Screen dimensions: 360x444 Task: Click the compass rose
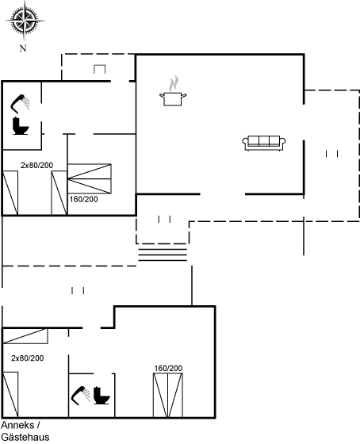(25, 21)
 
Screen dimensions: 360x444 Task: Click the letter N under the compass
(23, 48)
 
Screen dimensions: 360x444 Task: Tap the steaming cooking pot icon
(173, 91)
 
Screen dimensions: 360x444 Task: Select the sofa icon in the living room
(264, 143)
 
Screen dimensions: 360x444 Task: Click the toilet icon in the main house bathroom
(21, 126)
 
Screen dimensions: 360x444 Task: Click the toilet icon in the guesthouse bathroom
(101, 396)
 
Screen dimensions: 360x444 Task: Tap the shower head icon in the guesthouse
(81, 396)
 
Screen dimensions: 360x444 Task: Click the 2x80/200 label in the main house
(36, 166)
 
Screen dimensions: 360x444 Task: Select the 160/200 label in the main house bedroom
(83, 199)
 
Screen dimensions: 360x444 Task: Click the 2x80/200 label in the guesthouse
(28, 358)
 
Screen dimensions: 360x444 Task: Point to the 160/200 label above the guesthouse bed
(168, 369)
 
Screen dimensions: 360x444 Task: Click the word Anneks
(17, 425)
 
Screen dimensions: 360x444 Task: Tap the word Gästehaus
(25, 437)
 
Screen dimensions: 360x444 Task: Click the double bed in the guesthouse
(168, 396)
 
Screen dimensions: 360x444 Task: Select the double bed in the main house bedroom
(90, 178)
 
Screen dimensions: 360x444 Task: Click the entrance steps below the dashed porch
(163, 255)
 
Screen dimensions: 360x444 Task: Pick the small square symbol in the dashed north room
(99, 69)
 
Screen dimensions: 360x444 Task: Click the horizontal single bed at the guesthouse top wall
(25, 336)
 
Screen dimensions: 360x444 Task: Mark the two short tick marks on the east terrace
(332, 154)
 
